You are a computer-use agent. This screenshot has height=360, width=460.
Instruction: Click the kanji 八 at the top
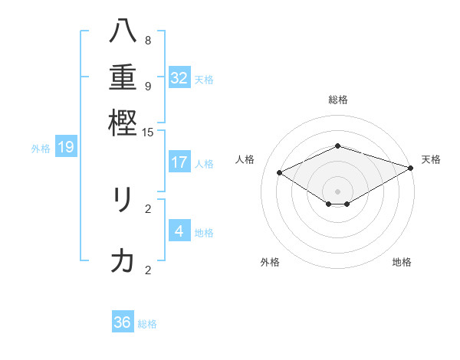tap(123, 31)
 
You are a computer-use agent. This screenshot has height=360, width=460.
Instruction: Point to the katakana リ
tap(123, 200)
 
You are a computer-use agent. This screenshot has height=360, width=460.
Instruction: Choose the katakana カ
tap(123, 261)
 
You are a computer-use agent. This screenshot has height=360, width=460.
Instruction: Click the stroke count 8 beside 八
tap(147, 41)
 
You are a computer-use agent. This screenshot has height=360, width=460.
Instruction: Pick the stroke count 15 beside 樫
tap(148, 133)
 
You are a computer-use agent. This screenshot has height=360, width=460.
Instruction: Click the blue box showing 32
tap(179, 78)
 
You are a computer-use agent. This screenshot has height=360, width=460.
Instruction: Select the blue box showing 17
tap(179, 162)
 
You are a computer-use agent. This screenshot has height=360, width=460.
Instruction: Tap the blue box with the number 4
tap(179, 231)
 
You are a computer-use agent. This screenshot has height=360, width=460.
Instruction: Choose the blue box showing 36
tap(123, 322)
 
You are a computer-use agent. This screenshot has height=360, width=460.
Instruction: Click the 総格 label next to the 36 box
tap(147, 324)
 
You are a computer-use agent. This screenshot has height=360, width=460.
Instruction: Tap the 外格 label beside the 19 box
tap(41, 149)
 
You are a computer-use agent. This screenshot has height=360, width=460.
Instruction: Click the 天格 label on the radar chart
tap(431, 159)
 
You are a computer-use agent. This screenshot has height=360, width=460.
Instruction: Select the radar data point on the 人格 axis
tap(280, 173)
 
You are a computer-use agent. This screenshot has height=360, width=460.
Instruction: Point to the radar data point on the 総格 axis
tap(337, 146)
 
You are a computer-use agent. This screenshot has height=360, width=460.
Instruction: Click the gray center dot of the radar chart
tap(337, 191)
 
